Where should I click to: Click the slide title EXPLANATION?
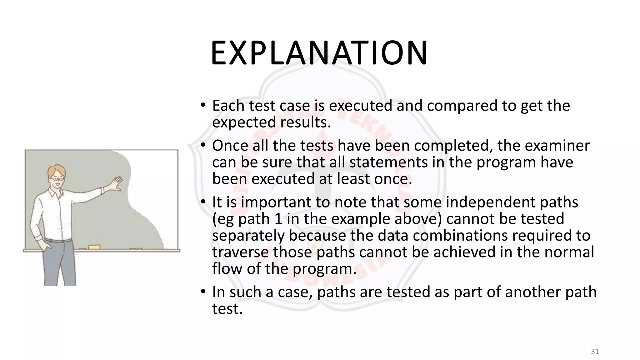point(319,53)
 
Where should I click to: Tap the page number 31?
point(595,352)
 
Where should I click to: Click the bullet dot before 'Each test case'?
point(203,105)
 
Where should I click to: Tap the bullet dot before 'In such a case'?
point(203,292)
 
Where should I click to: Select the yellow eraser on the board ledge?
point(94,247)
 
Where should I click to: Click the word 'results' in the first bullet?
point(305,122)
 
